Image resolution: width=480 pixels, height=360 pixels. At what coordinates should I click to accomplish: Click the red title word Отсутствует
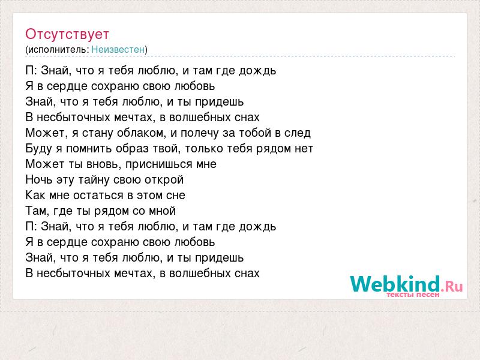pos(67,34)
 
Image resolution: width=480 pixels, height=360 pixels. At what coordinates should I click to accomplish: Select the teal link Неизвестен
pos(118,49)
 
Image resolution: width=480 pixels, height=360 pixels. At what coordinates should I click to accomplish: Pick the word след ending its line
pos(298,133)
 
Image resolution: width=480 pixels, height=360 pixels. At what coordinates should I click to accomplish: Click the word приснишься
pos(159,164)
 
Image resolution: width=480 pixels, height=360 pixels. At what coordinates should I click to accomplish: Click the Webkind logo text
pos(395,283)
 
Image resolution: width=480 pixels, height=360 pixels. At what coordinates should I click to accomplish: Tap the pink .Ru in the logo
pos(452,286)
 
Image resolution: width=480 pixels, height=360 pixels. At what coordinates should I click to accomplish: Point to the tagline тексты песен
pos(413,295)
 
